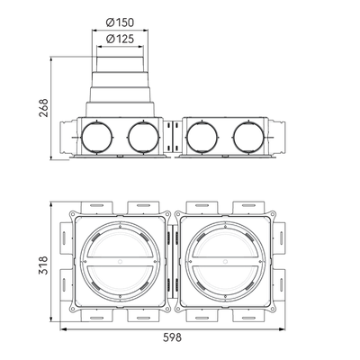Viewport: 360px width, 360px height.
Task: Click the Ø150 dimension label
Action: (120, 22)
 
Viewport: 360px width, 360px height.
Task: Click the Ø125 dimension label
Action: (120, 39)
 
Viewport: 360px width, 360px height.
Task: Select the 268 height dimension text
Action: (43, 108)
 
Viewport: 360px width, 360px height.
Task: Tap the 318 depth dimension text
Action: (43, 265)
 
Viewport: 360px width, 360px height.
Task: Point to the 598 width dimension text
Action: (172, 337)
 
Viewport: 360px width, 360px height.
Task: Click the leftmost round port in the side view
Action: (97, 138)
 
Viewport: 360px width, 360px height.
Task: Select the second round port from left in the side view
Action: (143, 138)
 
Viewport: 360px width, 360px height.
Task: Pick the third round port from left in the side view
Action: (202, 138)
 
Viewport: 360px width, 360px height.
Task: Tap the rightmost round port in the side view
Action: (248, 138)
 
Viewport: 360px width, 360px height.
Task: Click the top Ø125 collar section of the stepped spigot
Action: (120, 64)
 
